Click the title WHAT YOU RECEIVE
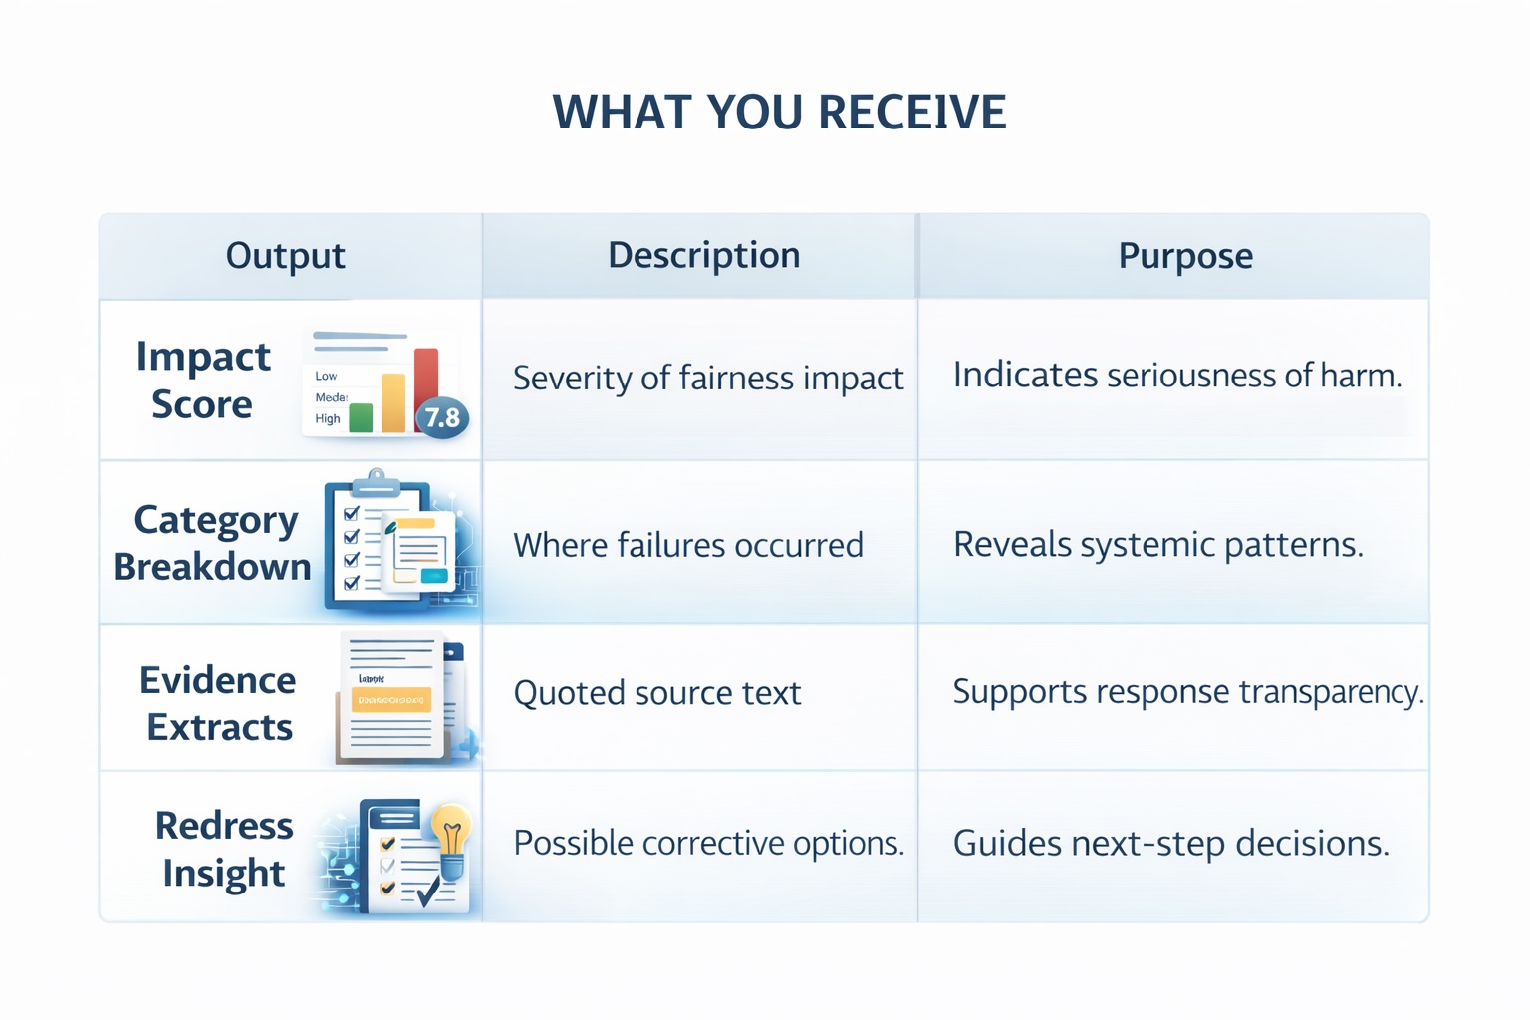click(x=779, y=112)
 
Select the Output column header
click(x=285, y=256)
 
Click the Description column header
click(x=703, y=256)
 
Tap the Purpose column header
click(x=1184, y=256)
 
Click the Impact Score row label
click(x=203, y=380)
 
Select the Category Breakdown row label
click(x=212, y=543)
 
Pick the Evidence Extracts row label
click(x=218, y=703)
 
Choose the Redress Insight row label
click(x=224, y=849)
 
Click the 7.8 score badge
click(x=442, y=417)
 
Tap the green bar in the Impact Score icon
click(x=361, y=417)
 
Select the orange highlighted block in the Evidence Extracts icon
click(x=390, y=700)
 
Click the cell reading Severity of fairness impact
click(x=707, y=379)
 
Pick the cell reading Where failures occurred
click(x=687, y=545)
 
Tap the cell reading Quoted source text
click(x=656, y=693)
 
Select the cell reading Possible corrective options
click(x=708, y=844)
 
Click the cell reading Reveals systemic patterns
click(x=1157, y=545)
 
